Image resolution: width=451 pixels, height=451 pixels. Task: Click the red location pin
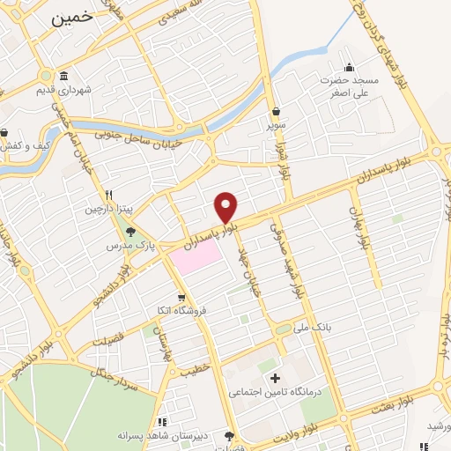(x=226, y=206)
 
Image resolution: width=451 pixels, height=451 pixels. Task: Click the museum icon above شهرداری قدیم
(x=64, y=75)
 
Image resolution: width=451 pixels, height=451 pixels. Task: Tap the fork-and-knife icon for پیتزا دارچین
(x=108, y=195)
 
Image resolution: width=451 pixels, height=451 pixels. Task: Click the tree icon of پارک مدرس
(x=130, y=233)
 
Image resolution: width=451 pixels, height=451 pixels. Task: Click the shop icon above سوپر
(x=277, y=112)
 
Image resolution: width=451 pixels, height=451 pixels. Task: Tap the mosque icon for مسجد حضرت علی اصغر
(x=350, y=67)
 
